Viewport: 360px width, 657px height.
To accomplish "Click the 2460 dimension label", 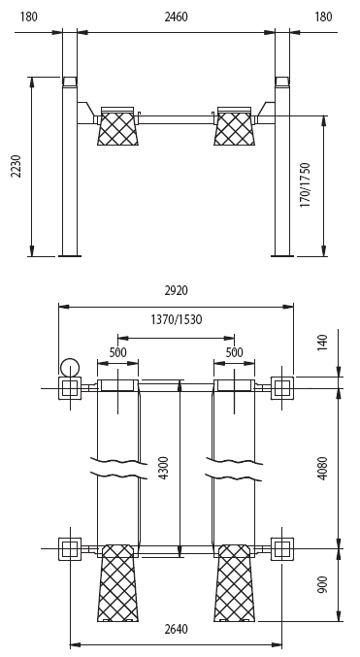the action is coord(176,17).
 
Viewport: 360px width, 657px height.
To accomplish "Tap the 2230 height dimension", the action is coord(16,166).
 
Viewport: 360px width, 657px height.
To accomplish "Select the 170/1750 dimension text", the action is coord(305,184).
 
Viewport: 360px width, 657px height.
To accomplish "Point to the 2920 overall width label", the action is coord(176,290).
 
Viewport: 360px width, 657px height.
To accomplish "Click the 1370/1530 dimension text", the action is coord(176,319).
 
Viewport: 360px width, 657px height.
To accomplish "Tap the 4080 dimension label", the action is coord(322,468).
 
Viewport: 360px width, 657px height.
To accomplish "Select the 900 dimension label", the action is coord(322,584).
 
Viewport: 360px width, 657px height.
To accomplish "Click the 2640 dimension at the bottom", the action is coord(176,629).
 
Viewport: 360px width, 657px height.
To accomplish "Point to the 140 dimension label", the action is coord(322,343).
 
